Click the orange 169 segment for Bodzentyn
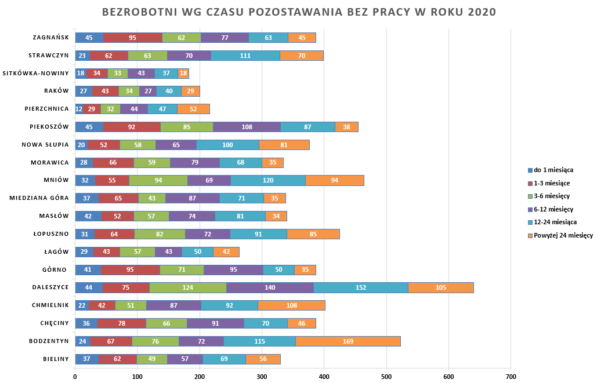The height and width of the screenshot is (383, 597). coord(348,341)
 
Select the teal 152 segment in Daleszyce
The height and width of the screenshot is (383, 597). coord(361,287)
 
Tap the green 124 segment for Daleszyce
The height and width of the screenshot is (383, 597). coord(188,287)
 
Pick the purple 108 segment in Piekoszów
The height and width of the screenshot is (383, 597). coord(247,127)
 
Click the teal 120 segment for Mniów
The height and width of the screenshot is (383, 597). coord(268,180)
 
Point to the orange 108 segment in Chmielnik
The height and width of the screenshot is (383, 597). coord(292,305)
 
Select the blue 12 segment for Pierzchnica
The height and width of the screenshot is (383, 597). coord(79,109)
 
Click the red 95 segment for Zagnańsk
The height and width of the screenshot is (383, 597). coord(133,38)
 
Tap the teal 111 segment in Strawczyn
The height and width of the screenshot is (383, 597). coord(245,56)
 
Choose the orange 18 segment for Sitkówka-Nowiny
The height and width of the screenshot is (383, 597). coord(183,74)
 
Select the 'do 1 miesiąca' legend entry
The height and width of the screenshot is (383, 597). coord(553,170)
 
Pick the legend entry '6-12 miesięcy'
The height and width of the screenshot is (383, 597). coord(553,209)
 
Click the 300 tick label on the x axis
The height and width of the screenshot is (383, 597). coord(262,377)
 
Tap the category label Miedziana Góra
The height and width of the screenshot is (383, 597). coord(39,198)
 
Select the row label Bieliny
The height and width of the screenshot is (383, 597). coord(56,359)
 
